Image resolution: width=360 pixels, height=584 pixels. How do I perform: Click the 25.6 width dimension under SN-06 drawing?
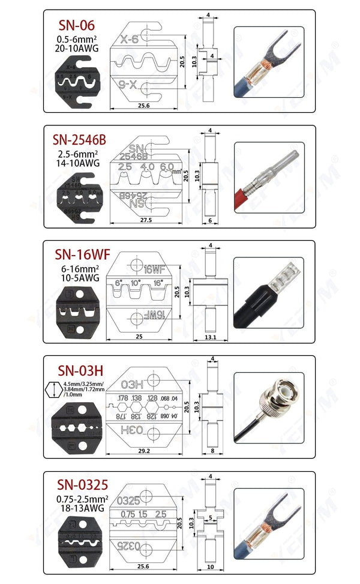point(143,106)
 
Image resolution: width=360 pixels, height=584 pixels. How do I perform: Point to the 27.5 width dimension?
point(145,220)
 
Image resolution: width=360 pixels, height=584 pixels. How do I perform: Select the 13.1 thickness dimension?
point(210,337)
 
